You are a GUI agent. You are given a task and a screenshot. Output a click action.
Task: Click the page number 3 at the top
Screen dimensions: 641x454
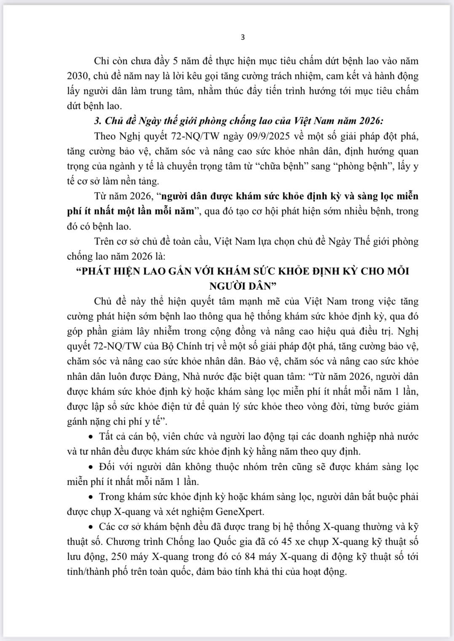pos(243,37)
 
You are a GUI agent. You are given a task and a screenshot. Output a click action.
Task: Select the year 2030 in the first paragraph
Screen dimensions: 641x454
pos(77,76)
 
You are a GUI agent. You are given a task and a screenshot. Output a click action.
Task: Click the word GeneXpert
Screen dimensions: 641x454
pos(240,512)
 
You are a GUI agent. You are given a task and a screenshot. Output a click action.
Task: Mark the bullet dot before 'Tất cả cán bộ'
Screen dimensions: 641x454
pos(91,437)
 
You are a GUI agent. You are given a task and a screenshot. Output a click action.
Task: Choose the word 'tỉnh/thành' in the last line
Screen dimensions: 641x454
pos(87,572)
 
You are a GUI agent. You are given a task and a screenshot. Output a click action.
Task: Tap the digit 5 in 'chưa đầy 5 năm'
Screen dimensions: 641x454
pos(176,61)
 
